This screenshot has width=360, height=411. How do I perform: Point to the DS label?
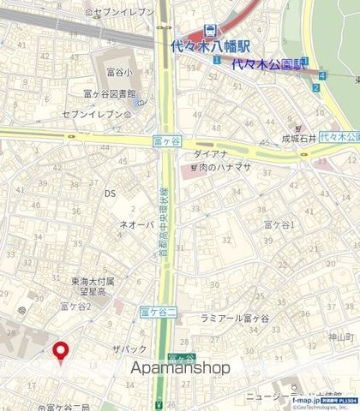pos(110,194)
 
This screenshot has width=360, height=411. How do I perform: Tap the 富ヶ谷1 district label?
pos(279,224)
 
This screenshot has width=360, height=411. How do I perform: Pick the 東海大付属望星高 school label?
pos(91,285)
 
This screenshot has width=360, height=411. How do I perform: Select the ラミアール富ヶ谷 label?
pos(234,318)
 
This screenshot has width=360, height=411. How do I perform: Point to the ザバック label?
pos(129,349)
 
